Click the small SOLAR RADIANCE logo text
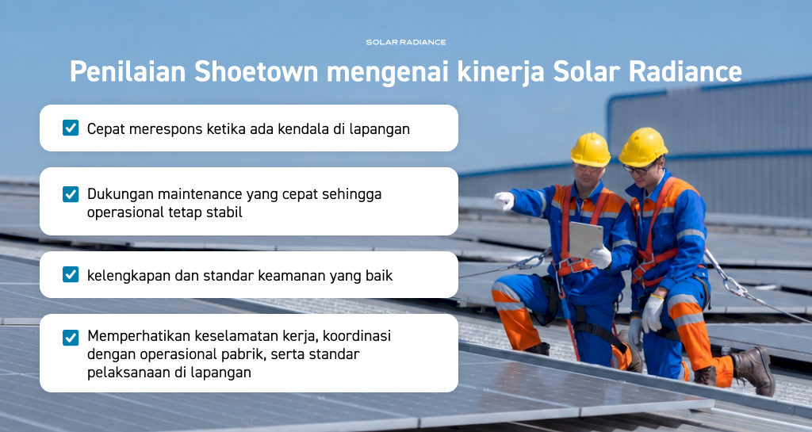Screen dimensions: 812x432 pos(406,42)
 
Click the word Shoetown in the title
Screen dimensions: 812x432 pos(256,71)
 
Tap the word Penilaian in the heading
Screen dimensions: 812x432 pos(128,71)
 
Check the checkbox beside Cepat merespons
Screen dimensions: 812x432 pos(71,128)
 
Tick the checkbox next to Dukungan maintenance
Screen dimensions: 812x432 pos(71,194)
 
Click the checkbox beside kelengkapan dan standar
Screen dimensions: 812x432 pos(71,274)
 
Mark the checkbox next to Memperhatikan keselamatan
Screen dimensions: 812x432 pos(71,338)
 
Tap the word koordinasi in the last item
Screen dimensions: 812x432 pos(357,336)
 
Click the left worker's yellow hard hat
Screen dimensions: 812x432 pos(590,149)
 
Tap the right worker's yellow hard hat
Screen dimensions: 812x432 pos(642,147)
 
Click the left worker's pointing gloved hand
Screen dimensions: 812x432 pos(504,201)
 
